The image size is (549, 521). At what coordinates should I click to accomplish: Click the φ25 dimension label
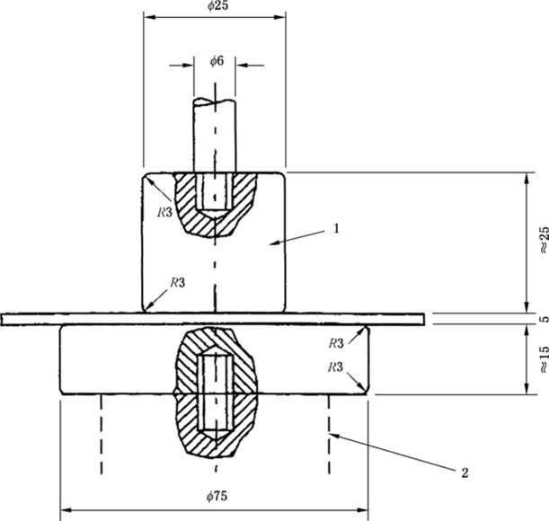point(217,5)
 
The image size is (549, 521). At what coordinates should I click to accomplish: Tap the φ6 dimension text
point(217,61)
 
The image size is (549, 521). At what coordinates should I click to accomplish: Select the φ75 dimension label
point(217,496)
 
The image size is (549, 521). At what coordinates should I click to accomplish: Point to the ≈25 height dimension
point(544,240)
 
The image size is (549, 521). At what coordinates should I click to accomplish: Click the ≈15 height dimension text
point(544,359)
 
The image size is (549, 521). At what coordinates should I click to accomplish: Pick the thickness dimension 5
point(545,319)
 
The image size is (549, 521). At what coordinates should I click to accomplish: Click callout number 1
point(336,229)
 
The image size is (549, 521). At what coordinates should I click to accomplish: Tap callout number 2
point(465,473)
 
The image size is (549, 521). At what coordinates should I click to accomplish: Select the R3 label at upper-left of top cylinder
point(165,212)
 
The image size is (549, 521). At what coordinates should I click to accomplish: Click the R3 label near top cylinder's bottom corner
point(178,282)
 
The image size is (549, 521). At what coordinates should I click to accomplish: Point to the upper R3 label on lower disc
point(336,343)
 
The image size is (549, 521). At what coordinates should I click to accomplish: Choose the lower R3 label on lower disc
point(335,366)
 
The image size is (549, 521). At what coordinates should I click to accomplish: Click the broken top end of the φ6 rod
point(214,102)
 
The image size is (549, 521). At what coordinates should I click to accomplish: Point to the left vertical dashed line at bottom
point(102,434)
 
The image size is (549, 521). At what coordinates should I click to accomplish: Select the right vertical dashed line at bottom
point(329,434)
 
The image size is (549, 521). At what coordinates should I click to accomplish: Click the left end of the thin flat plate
point(2,319)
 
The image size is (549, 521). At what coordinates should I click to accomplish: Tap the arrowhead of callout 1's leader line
point(270,243)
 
